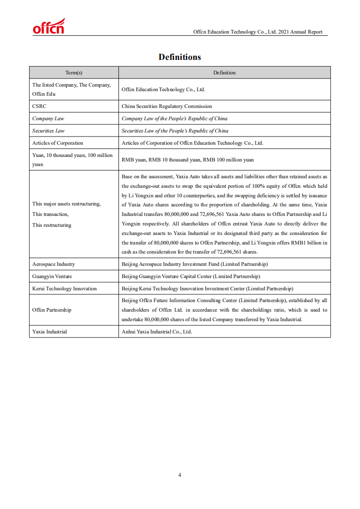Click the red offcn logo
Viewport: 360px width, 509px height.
click(x=49, y=27)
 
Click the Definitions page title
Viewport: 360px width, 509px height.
click(x=179, y=57)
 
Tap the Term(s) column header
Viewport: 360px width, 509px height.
click(x=74, y=73)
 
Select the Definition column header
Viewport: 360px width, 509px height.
click(x=224, y=73)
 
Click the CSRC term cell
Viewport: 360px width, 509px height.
click(x=39, y=106)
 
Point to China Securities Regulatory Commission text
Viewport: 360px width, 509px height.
click(x=167, y=106)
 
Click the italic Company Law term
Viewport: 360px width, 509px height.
click(x=48, y=118)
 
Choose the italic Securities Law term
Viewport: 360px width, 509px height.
click(x=48, y=131)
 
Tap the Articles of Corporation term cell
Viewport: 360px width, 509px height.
click(x=58, y=143)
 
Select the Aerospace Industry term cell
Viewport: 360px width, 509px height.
click(x=54, y=264)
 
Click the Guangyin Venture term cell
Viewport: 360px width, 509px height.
click(x=52, y=276)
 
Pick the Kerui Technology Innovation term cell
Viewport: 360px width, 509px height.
click(x=64, y=289)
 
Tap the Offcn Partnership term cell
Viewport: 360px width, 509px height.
click(x=52, y=310)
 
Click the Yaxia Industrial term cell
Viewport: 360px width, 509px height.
click(x=49, y=332)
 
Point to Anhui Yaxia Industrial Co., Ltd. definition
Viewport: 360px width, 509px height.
click(x=157, y=332)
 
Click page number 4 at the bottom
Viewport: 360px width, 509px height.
click(x=180, y=475)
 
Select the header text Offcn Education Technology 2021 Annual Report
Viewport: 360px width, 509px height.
click(x=257, y=32)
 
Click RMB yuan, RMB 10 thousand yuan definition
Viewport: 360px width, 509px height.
click(x=187, y=160)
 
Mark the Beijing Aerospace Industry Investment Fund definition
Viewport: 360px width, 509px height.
click(x=194, y=264)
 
